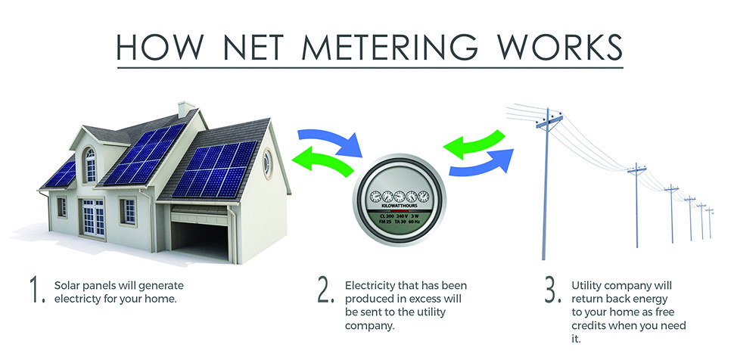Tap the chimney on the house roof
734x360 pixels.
coord(185,110)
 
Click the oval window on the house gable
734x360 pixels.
coord(267,163)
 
